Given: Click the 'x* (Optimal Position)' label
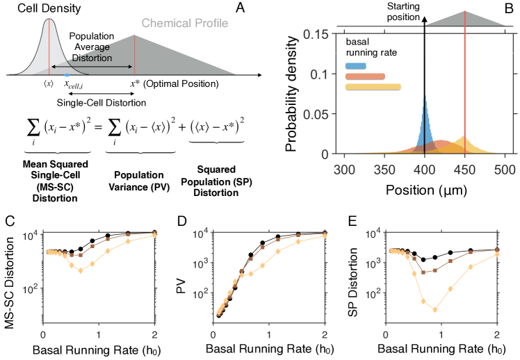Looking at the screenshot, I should coord(174,85).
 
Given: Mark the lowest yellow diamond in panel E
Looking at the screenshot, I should coord(435,310).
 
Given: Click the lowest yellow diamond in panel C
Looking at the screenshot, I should coord(81,271).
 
